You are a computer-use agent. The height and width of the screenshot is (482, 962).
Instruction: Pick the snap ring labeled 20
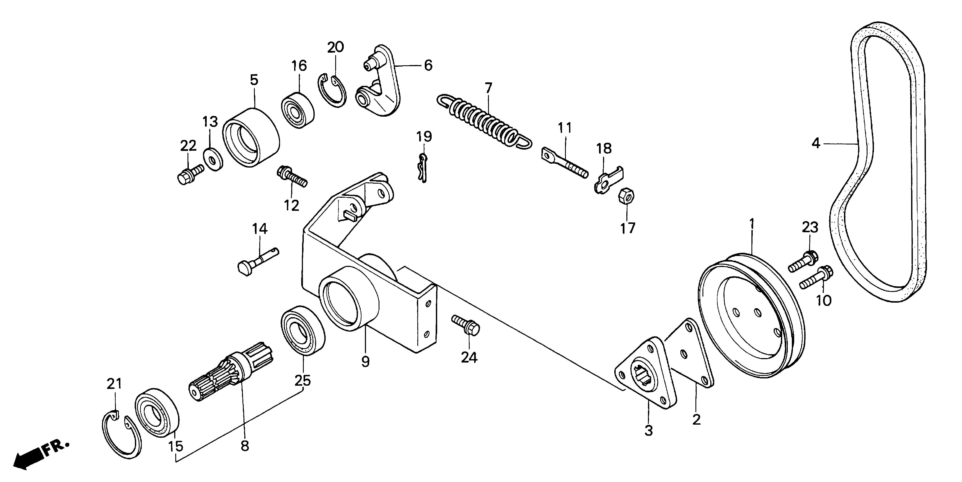tap(332, 92)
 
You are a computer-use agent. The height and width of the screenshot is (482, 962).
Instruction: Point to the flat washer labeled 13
tap(213, 159)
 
